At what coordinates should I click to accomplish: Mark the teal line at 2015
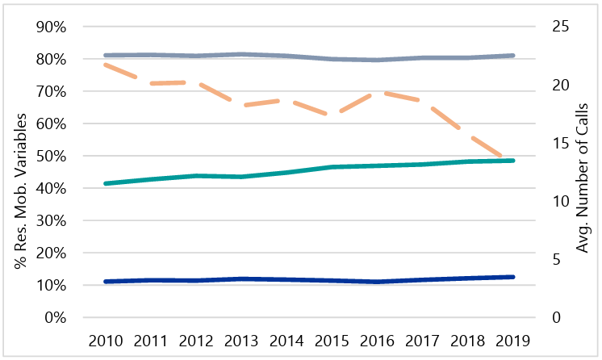[333, 167]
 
